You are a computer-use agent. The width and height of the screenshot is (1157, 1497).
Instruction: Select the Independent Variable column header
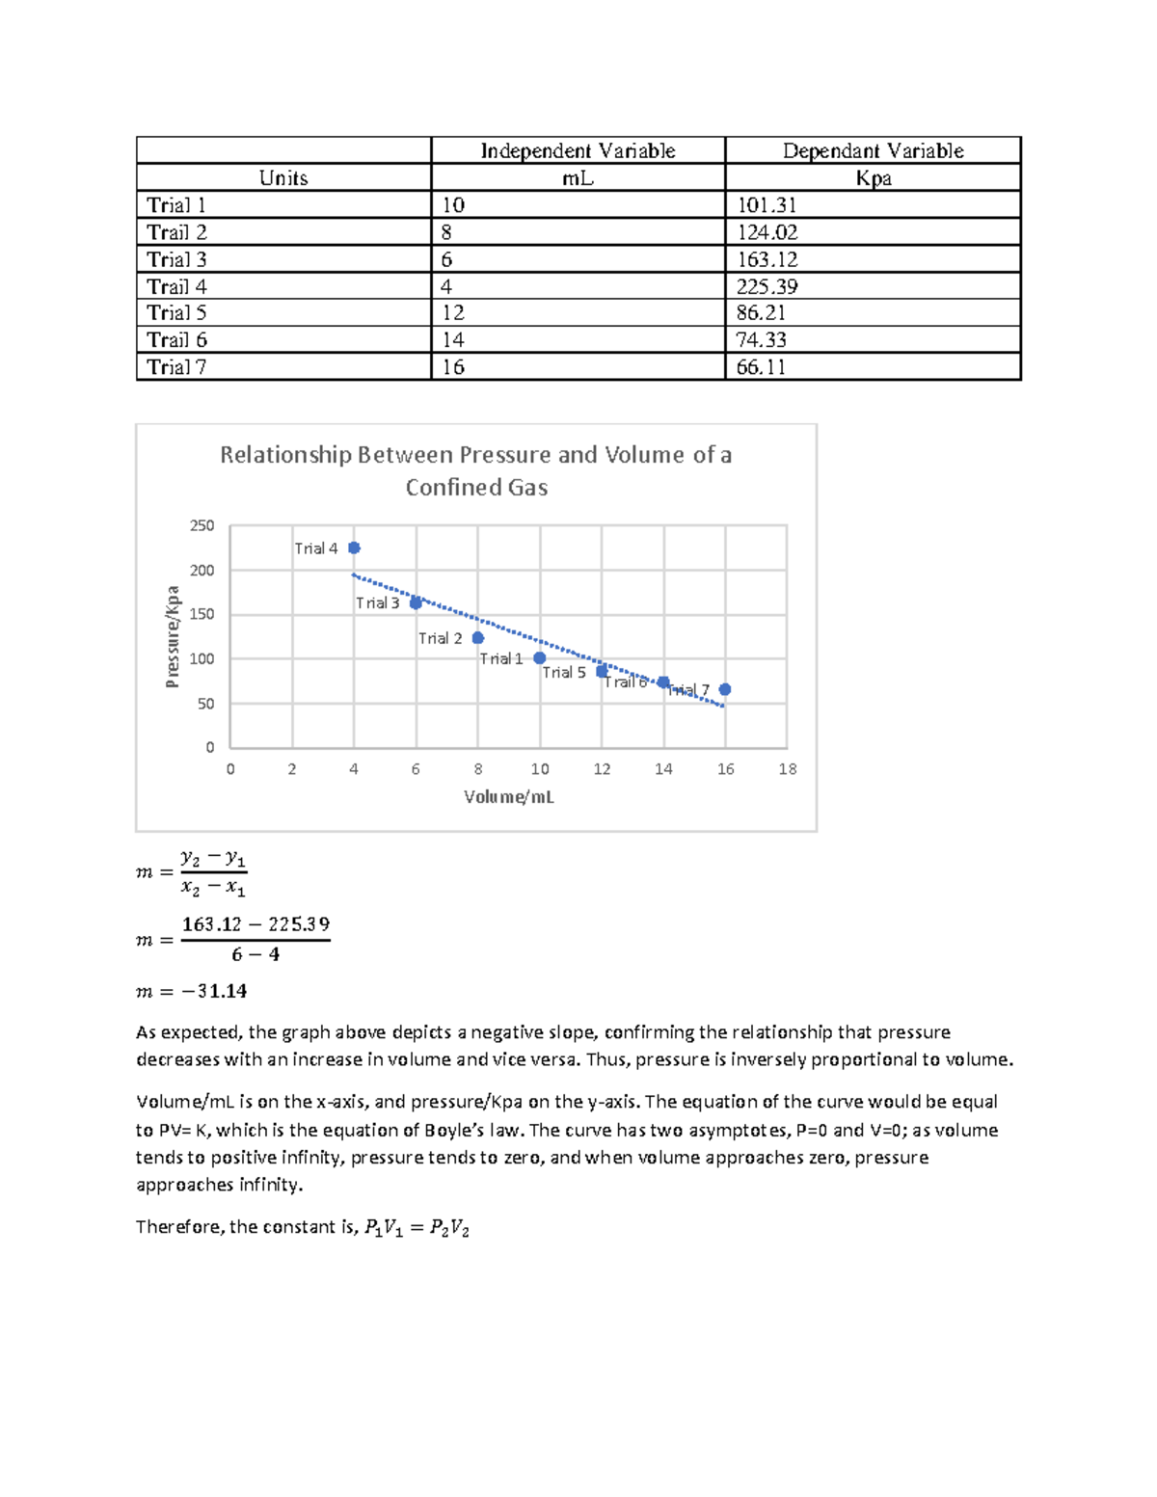pos(578,150)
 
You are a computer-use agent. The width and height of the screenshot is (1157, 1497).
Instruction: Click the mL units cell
pos(578,178)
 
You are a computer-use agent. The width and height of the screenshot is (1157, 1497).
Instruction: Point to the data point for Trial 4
pos(354,548)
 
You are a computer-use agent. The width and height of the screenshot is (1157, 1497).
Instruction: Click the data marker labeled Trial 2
pos(477,637)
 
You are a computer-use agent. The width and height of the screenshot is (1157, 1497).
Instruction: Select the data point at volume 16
pos(725,689)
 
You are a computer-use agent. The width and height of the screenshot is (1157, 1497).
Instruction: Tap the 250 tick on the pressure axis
pos(202,525)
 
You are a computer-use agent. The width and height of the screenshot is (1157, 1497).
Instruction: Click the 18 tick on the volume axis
pos(788,769)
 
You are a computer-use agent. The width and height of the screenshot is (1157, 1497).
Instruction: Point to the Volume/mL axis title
pos(508,797)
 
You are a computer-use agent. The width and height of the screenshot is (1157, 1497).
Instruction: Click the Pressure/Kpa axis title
pos(173,636)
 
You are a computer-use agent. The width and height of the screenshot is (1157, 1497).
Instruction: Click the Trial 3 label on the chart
pos(377,603)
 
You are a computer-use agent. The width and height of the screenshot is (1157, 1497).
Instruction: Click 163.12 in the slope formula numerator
pos(211,924)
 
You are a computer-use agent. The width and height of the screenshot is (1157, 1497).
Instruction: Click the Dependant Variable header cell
pos(873,150)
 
